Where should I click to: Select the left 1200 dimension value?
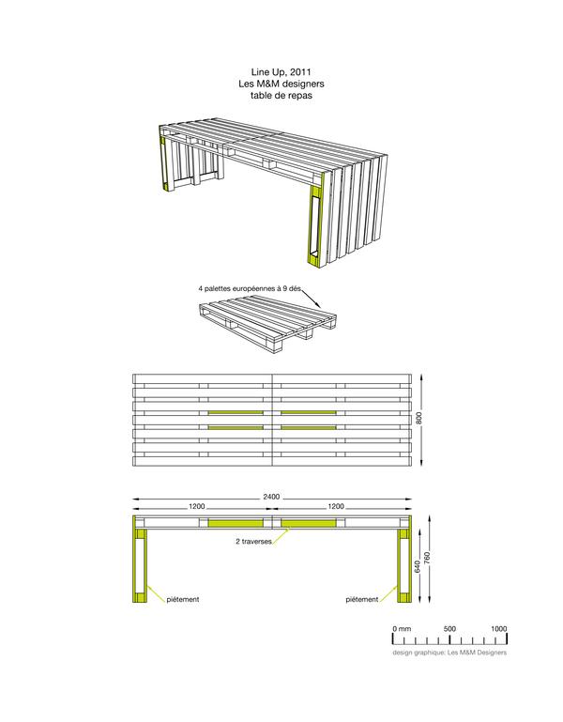click(197, 506)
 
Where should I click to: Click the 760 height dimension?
click(428, 557)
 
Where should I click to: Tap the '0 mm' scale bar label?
click(402, 628)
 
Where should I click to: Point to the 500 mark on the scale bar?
click(449, 628)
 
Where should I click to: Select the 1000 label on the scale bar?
click(497, 628)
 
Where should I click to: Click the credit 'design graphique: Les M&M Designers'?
click(449, 652)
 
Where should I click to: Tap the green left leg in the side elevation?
click(140, 563)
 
